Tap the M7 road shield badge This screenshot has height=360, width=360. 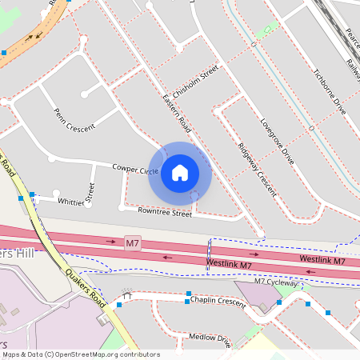point(132,241)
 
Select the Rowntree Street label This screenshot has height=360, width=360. point(165,214)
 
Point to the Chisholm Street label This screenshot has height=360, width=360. point(196,82)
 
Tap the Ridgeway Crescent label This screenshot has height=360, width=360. point(257,169)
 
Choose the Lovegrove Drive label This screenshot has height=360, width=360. point(278,142)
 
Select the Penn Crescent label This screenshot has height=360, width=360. point(74,120)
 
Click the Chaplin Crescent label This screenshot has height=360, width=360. point(218,300)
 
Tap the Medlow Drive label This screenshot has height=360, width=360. point(210,340)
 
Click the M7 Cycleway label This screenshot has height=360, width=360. point(277,282)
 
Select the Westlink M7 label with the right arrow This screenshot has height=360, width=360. point(322,261)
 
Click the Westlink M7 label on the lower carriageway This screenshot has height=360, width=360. point(230,264)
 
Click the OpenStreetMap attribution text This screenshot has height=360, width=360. point(80,354)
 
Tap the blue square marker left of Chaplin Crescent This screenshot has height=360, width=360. point(187,294)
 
